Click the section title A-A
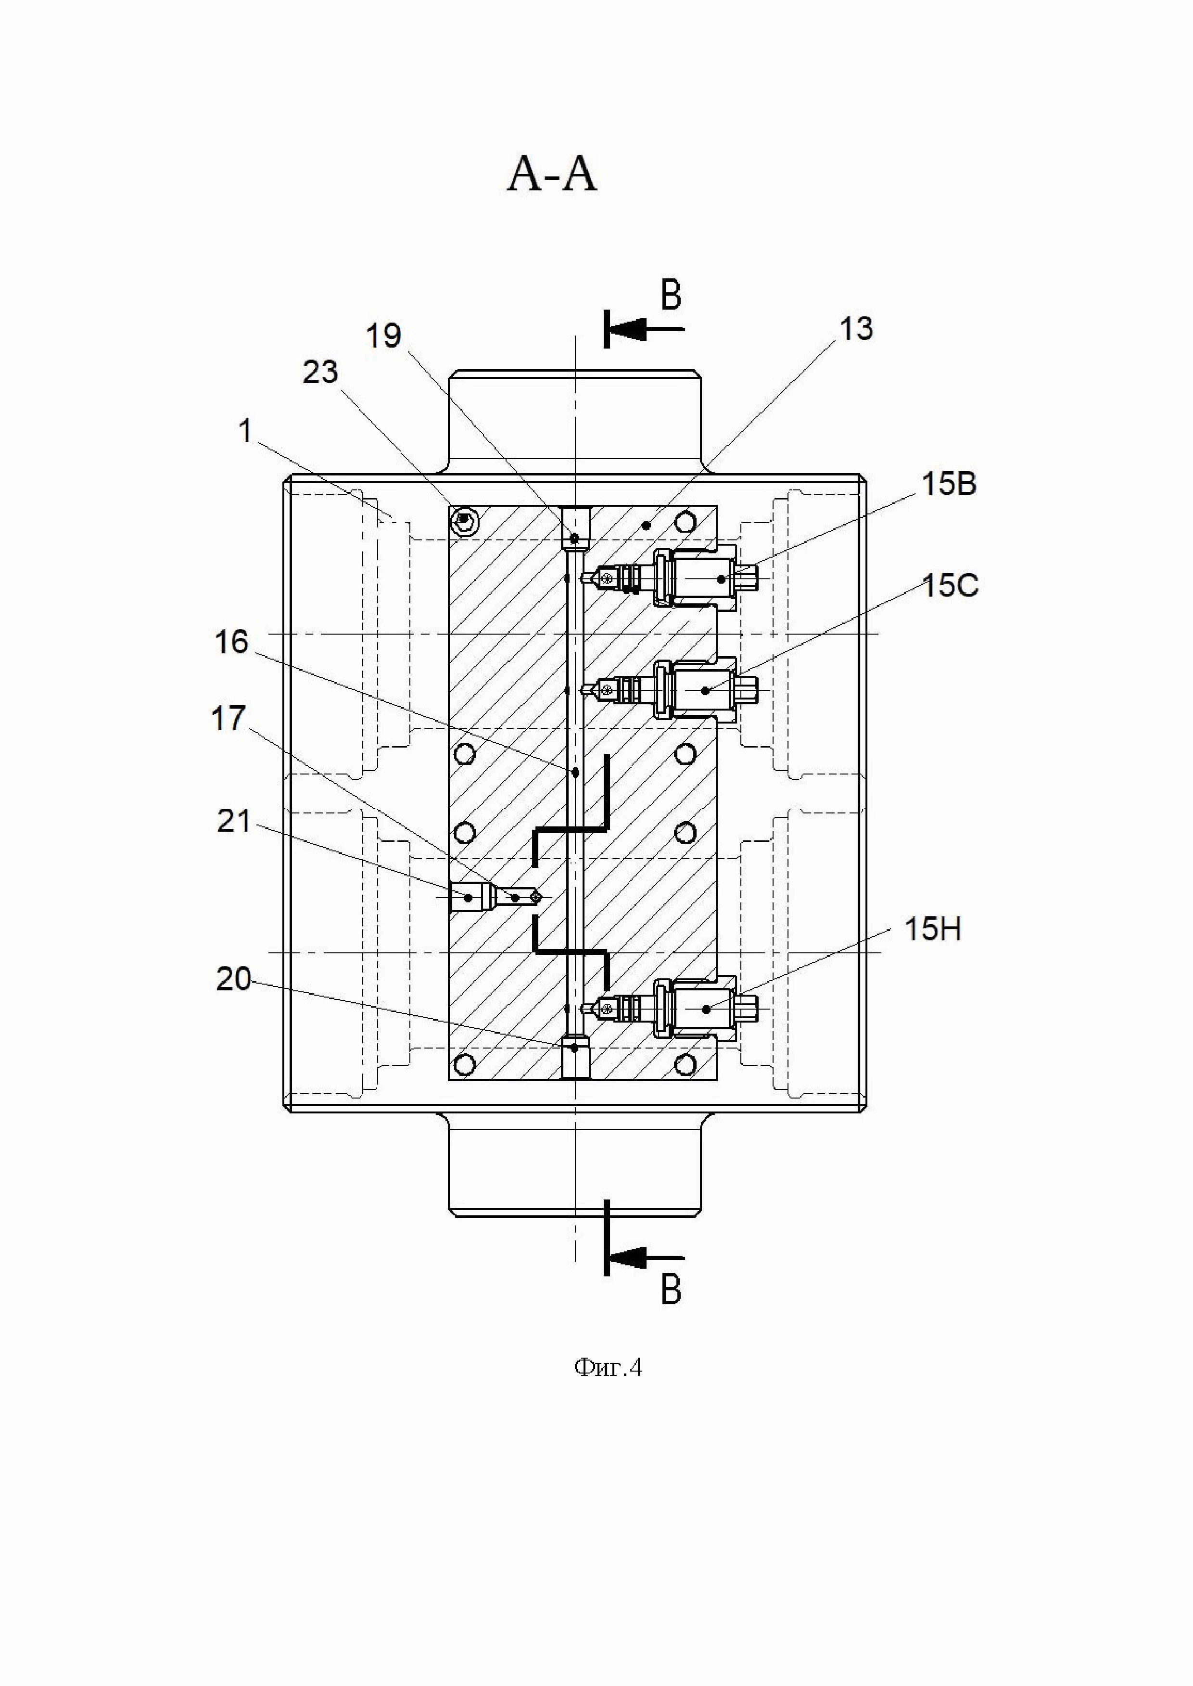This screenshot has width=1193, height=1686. tap(552, 176)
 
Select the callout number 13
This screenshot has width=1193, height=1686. tap(856, 329)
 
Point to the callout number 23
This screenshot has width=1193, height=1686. tap(320, 373)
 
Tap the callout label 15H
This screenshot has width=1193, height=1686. tap(933, 930)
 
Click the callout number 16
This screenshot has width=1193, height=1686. tap(231, 643)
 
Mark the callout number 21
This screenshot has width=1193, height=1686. tap(234, 821)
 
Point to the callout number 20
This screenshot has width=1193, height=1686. tap(234, 979)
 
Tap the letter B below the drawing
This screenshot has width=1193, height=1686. tap(671, 1289)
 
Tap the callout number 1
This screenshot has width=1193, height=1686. tap(245, 431)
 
